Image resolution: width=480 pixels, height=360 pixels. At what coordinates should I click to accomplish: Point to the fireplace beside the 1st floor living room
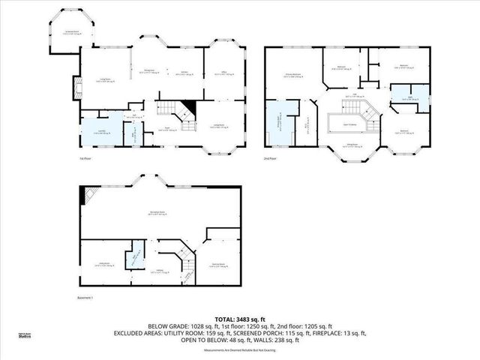pos(76,88)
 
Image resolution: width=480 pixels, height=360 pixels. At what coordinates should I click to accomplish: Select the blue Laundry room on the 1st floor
pos(97,132)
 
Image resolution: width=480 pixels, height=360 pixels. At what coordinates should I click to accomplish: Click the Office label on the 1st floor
pos(223,73)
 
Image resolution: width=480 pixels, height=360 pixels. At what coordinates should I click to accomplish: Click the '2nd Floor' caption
pos(269,159)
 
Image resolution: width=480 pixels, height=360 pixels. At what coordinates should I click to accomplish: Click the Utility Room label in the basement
pos(104,264)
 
